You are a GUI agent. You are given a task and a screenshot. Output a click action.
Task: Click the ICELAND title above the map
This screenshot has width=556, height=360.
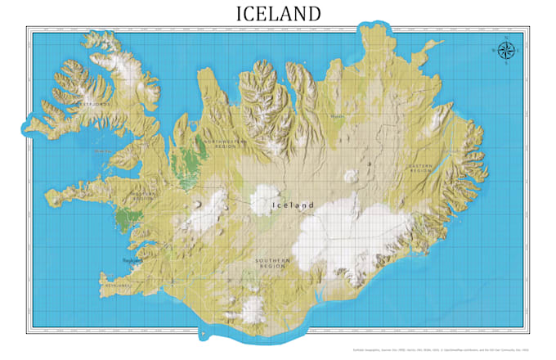point(278,13)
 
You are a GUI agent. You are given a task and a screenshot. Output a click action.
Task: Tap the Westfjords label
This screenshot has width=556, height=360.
point(89,105)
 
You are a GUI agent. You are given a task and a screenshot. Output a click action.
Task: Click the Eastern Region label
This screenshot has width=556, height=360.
point(420,168)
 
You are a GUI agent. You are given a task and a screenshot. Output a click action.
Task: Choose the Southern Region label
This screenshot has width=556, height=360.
point(271,262)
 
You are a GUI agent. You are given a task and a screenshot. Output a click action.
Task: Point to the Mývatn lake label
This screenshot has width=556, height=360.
point(338,115)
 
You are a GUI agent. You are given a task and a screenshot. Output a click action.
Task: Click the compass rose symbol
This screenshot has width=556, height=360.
point(506,51)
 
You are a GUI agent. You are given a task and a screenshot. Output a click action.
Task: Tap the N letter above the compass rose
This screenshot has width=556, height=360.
point(506,38)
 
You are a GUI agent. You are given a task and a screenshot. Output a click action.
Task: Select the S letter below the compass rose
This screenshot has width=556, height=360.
point(506,64)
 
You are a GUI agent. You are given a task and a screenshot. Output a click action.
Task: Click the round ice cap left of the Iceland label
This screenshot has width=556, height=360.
point(264,199)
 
